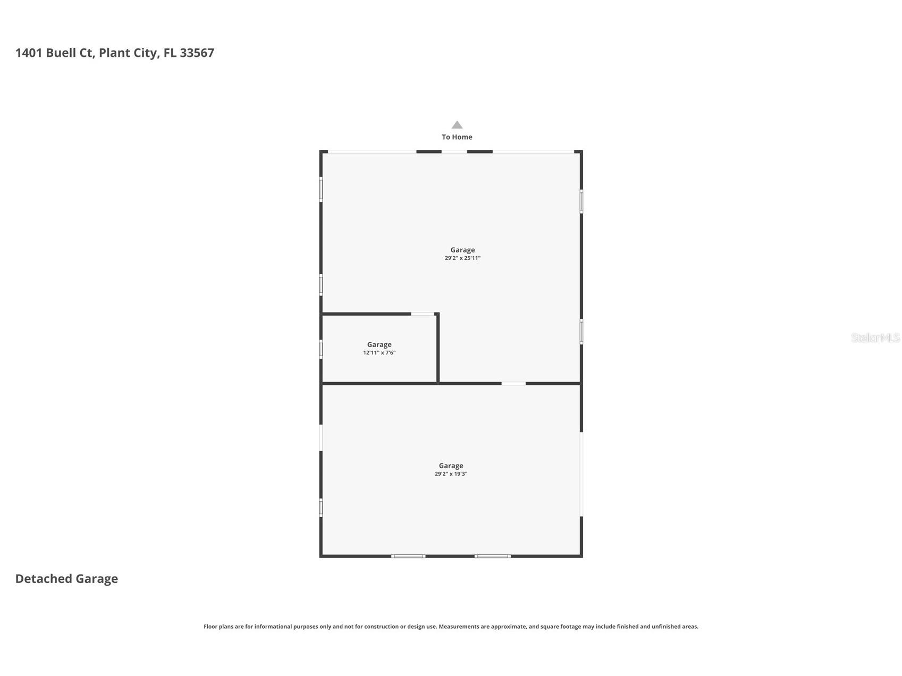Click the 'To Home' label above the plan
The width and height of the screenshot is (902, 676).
457,137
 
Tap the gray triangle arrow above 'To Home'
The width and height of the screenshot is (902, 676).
457,125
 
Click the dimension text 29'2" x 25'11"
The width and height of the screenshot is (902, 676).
462,258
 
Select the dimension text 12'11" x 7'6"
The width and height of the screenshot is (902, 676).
379,353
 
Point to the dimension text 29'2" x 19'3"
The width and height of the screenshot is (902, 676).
451,474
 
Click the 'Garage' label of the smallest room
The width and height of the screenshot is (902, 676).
379,344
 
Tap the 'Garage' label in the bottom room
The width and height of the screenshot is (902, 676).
451,466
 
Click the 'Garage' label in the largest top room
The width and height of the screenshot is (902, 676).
462,250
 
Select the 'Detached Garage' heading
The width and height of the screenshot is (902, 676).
66,579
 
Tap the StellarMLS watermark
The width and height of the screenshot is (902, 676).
875,337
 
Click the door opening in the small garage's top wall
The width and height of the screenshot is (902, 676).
423,314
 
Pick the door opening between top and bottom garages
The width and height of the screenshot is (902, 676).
513,383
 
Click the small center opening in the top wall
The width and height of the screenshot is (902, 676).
454,152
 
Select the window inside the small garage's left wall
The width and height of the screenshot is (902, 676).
321,349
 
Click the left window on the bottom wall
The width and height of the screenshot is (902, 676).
408,556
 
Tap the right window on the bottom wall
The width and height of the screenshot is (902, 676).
492,556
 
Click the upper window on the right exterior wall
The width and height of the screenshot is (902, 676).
581,201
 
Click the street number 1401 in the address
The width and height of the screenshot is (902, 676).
29,53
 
